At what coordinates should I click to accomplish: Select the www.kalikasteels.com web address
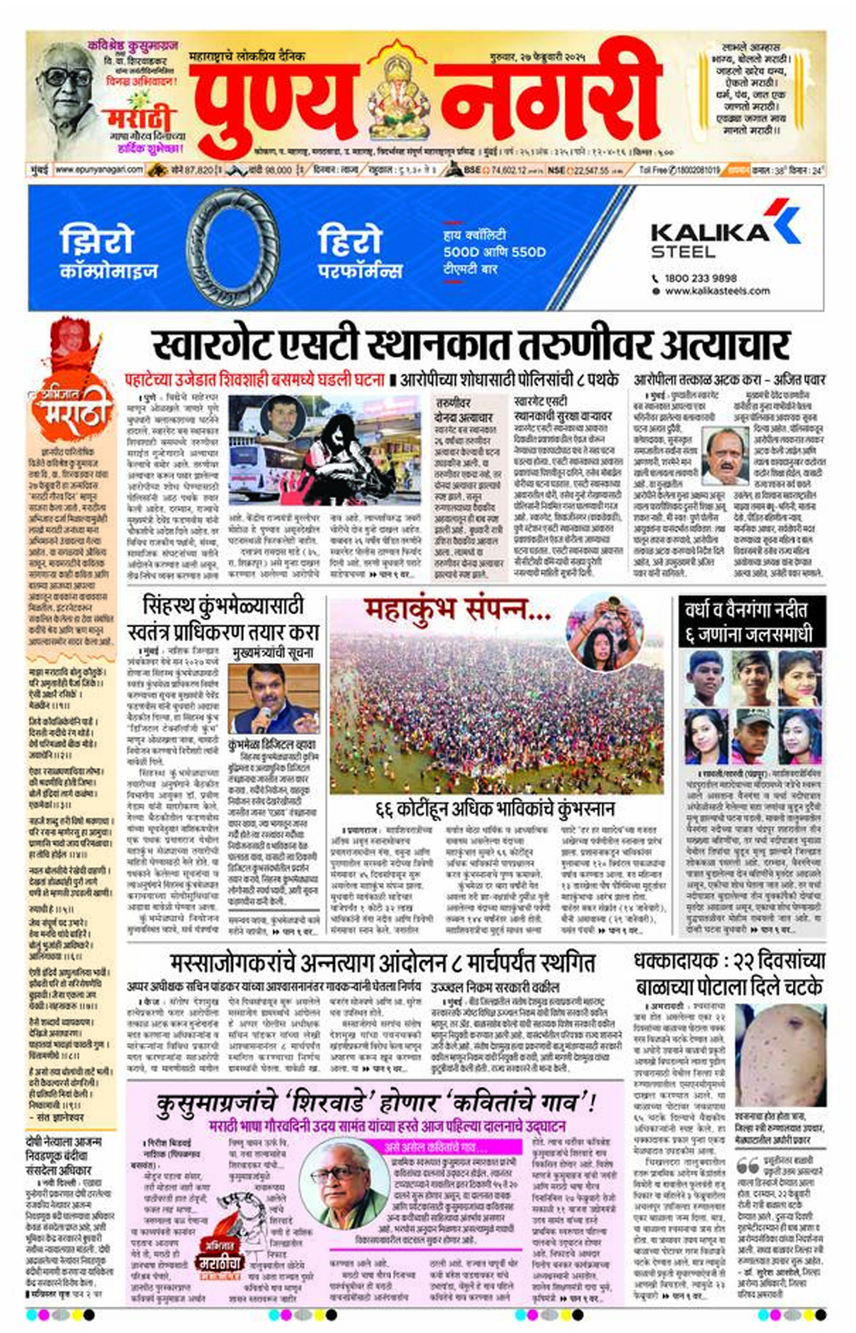click(717, 291)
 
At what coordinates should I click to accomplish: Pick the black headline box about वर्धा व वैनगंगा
click(752, 621)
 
